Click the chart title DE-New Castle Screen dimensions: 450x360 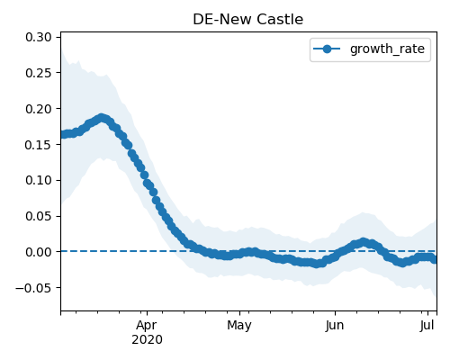[247, 20]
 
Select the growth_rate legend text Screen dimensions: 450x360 [387, 49]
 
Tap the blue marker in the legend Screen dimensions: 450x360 [327, 49]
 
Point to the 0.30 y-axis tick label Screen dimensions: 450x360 [39, 37]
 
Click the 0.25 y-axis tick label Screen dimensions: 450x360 [39, 73]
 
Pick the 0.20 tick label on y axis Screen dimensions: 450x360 [39, 109]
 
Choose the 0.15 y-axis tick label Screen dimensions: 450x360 [39, 145]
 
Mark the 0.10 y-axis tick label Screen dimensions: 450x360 [39, 180]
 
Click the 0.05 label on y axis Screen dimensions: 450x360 [39, 216]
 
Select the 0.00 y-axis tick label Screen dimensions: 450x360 [39, 252]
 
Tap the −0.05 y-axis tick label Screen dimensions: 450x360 [33, 288]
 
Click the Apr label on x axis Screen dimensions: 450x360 [147, 326]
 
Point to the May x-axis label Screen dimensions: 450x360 [239, 326]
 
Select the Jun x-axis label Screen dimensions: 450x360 [335, 325]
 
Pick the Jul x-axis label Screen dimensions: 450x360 [427, 325]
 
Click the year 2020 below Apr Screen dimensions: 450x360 [147, 339]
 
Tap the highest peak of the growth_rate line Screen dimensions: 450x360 [102, 118]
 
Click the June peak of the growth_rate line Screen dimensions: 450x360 [364, 242]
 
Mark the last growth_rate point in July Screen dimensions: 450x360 [434, 260]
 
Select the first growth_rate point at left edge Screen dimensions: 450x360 [64, 134]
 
